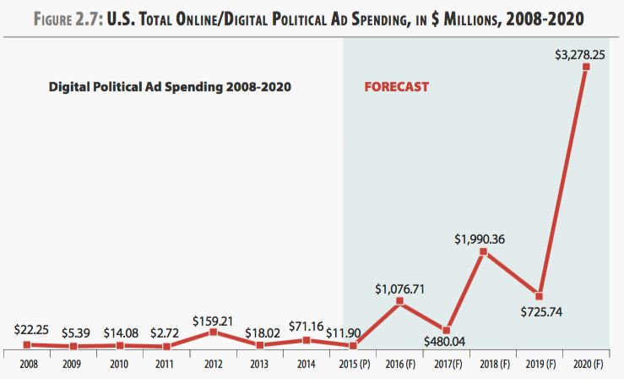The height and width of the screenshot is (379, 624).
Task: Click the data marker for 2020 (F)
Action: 586,67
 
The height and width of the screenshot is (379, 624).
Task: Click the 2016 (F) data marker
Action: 400,301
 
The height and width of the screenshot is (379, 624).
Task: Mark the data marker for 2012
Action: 214,332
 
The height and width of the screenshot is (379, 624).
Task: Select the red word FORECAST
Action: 396,86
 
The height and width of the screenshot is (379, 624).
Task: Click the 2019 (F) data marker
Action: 540,296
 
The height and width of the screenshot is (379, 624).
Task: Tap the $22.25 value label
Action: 31,329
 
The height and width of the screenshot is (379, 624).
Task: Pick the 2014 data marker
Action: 307,339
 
